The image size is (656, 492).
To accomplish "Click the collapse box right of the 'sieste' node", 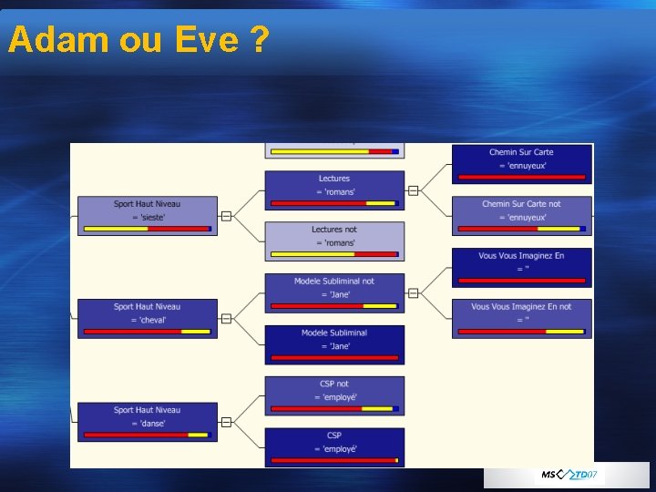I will click(x=226, y=216).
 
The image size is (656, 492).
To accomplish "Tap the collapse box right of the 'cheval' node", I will click(x=226, y=319).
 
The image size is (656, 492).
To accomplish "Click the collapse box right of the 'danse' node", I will click(x=226, y=422).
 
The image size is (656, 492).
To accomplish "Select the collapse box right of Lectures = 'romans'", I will click(x=413, y=190).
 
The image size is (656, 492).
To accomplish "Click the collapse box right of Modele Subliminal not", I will click(x=413, y=293).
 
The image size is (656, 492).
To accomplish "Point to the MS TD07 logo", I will click(x=569, y=475).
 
